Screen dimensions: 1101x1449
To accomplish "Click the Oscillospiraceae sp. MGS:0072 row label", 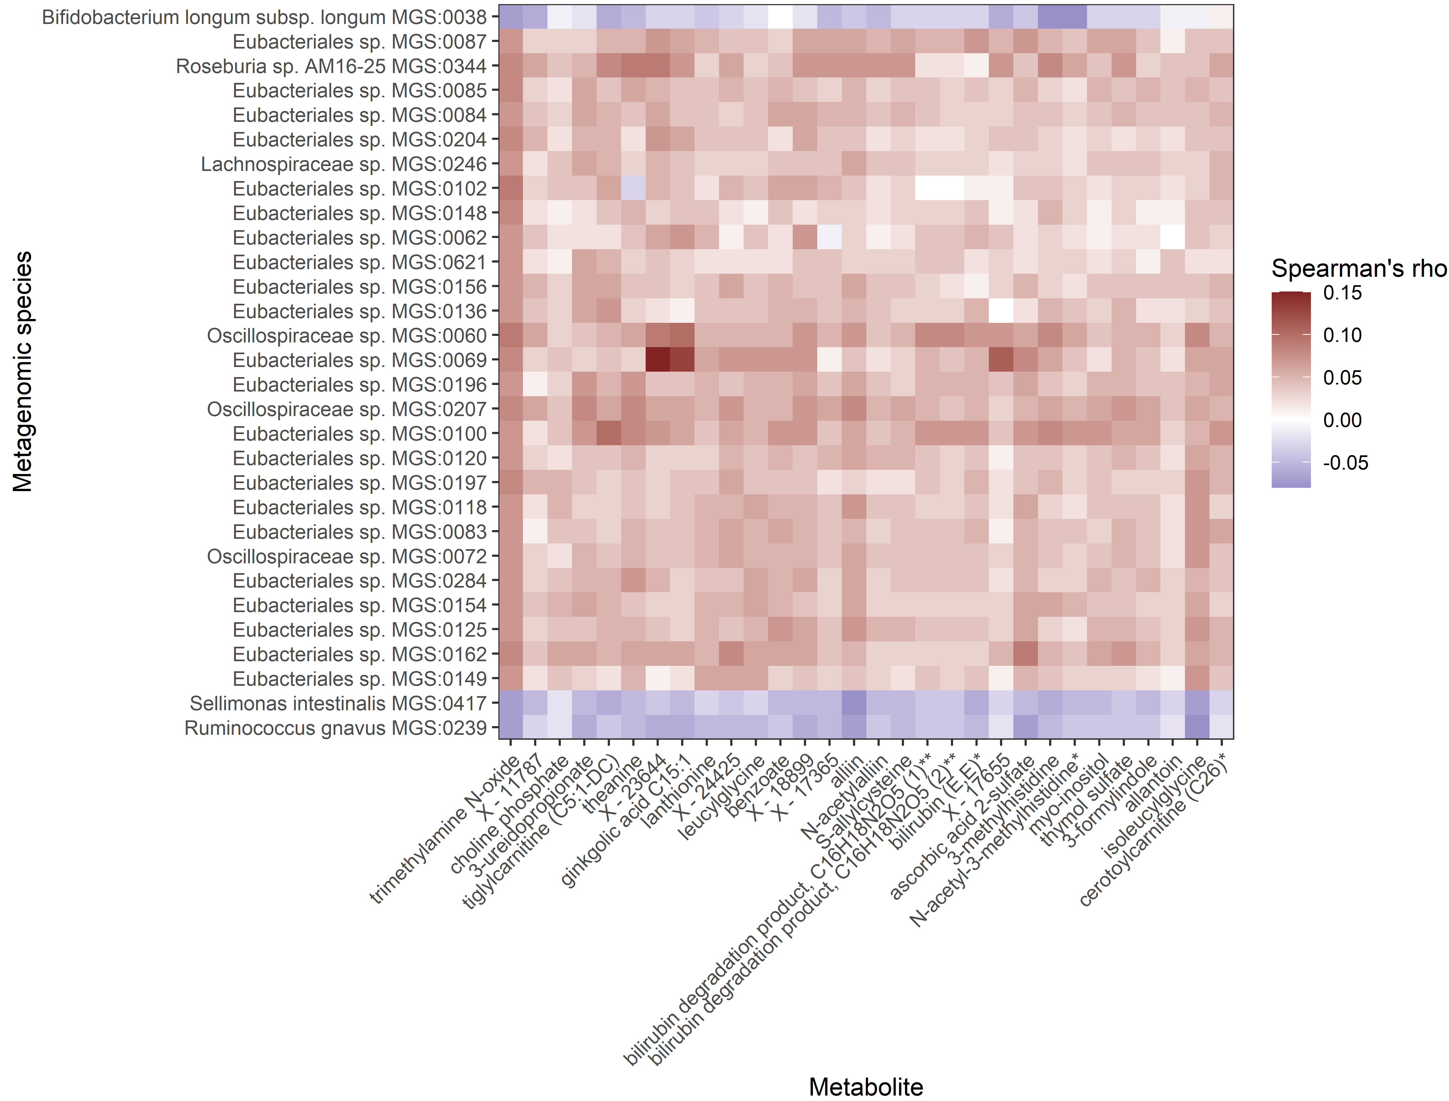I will click(347, 556).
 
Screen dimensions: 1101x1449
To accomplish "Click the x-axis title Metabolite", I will click(866, 1087).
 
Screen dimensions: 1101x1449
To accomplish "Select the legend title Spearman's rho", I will click(1358, 269).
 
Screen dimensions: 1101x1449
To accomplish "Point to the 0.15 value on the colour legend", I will click(1342, 293).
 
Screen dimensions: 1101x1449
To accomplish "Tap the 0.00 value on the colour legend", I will click(1342, 420).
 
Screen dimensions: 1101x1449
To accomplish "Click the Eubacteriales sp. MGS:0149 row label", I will click(359, 679).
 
